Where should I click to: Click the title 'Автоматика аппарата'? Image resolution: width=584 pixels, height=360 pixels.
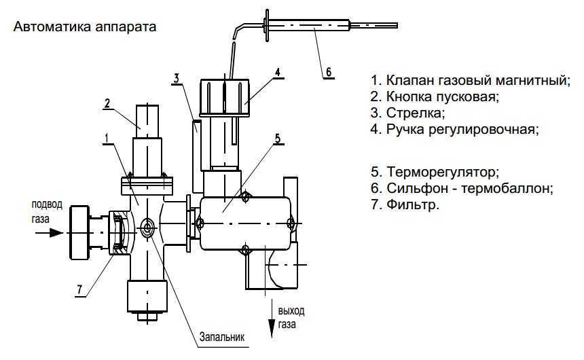click(x=85, y=29)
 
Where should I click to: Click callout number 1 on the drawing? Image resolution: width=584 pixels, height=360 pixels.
click(x=107, y=138)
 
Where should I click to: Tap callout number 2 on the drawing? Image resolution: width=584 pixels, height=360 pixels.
click(x=107, y=103)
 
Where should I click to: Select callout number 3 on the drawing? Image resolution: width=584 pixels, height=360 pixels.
click(x=176, y=77)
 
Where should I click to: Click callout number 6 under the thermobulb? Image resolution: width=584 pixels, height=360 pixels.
click(x=329, y=71)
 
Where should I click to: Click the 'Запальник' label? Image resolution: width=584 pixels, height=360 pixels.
click(x=221, y=336)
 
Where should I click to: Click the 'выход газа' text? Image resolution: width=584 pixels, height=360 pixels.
click(x=291, y=318)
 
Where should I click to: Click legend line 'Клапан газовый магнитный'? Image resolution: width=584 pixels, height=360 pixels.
click(x=469, y=80)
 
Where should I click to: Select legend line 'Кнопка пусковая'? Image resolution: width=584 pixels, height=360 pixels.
click(x=435, y=96)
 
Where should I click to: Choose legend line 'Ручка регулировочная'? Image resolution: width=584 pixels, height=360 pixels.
click(x=454, y=128)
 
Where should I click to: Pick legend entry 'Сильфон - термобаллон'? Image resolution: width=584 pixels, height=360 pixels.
click(x=462, y=187)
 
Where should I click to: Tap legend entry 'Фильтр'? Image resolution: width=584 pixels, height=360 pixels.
click(x=405, y=204)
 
